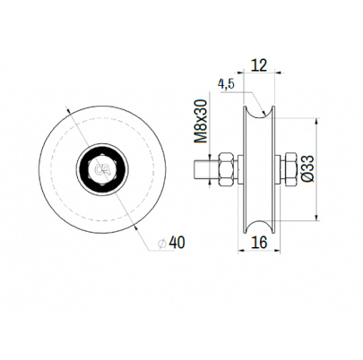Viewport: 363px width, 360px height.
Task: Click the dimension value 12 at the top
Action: click(x=259, y=64)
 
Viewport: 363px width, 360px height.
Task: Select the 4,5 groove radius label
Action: click(x=226, y=84)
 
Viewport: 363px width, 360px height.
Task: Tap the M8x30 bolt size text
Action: click(x=201, y=121)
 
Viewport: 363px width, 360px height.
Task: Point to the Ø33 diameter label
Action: click(x=307, y=167)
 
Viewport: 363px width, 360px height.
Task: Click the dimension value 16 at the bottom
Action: click(x=259, y=243)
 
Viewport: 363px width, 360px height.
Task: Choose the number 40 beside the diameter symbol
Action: click(x=177, y=243)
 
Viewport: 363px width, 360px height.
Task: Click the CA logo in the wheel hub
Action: click(x=102, y=169)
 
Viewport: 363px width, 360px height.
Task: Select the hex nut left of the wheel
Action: click(x=227, y=169)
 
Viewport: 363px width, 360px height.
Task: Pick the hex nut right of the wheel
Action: click(x=290, y=169)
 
